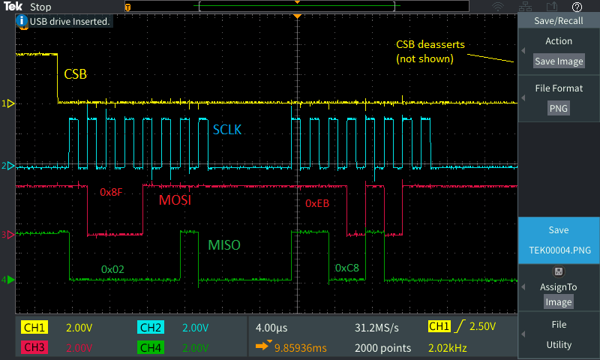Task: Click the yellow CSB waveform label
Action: tap(76, 73)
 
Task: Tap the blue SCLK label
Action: tap(227, 130)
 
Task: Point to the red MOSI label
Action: tap(175, 199)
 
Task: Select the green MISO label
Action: tap(223, 244)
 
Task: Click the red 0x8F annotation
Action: tap(111, 192)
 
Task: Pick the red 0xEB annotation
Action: tap(317, 203)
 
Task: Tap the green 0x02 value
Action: tap(112, 269)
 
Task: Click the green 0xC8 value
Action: tap(347, 268)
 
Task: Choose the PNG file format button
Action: tap(559, 108)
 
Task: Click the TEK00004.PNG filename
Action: tap(559, 250)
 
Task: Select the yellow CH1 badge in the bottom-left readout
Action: tap(34, 328)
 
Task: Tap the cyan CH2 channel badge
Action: tap(151, 328)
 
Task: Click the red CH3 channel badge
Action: tap(34, 347)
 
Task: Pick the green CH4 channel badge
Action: tap(151, 347)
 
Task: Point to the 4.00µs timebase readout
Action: tap(271, 328)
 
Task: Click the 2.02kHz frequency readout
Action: tap(447, 348)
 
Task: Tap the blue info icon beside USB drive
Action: tap(22, 21)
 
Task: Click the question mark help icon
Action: tap(577, 7)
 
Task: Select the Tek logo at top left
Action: tap(13, 7)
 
